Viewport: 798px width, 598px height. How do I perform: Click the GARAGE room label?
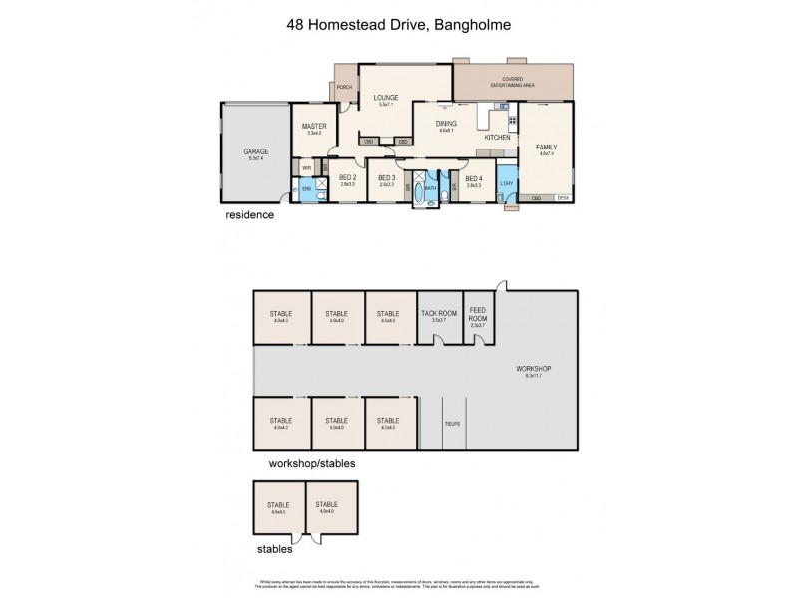(256, 152)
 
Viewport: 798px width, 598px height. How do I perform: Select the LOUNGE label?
(386, 98)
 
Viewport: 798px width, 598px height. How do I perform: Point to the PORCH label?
(345, 88)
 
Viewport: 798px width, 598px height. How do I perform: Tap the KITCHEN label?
(498, 137)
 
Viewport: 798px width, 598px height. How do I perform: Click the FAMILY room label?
(547, 147)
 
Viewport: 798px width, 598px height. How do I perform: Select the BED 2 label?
(348, 177)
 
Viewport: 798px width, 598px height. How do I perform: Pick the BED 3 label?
(387, 177)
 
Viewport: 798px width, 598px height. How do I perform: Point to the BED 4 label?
(474, 177)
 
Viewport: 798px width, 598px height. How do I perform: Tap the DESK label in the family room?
(563, 197)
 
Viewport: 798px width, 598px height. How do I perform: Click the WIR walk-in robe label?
(307, 169)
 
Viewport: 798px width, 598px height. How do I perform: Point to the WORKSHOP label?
(534, 369)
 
